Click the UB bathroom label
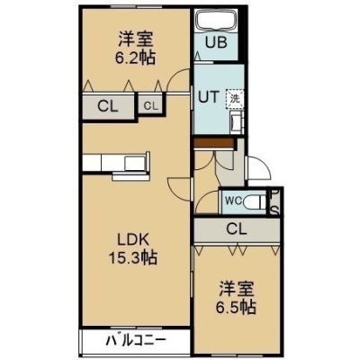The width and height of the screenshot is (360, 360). pyautogui.click(x=216, y=42)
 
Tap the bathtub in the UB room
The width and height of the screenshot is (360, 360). pyautogui.click(x=216, y=21)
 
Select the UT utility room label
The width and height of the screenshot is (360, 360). pyautogui.click(x=209, y=97)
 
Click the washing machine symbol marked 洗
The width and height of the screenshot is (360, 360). pyautogui.click(x=235, y=99)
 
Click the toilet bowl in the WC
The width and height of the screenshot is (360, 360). pyautogui.click(x=254, y=202)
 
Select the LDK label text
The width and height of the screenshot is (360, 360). pyautogui.click(x=133, y=239)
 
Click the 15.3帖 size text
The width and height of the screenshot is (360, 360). pyautogui.click(x=132, y=257)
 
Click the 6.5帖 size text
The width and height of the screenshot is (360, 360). pyautogui.click(x=236, y=307)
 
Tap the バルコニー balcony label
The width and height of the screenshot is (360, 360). pyautogui.click(x=136, y=340)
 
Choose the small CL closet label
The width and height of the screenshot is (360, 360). pyautogui.click(x=150, y=105)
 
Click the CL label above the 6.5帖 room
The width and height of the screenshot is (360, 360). pyautogui.click(x=237, y=229)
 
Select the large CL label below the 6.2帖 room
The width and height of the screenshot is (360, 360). pyautogui.click(x=108, y=106)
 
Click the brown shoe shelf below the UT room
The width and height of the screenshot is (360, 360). pyautogui.click(x=213, y=143)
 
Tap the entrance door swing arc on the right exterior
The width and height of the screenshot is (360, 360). pyautogui.click(x=265, y=165)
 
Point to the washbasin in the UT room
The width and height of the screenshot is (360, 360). pyautogui.click(x=236, y=122)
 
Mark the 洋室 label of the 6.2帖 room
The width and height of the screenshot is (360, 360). pyautogui.click(x=136, y=39)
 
